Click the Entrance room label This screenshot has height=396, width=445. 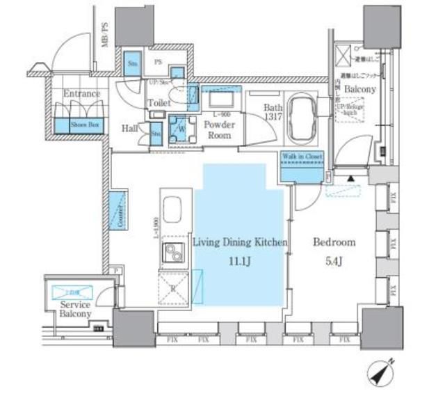81,93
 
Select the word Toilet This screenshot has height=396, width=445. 159,103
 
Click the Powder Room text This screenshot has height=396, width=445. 219,130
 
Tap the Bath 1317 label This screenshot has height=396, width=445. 272,113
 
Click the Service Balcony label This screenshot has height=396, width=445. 75,309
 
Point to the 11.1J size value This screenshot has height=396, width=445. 239,262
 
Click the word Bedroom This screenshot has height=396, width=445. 334,243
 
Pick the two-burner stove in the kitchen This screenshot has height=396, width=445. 172,253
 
